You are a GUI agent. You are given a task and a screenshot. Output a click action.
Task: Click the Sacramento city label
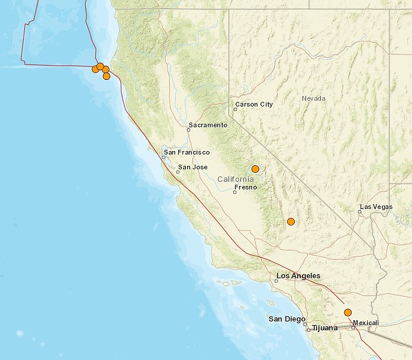[208, 125]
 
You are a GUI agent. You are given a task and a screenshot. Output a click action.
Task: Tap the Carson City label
[254, 104]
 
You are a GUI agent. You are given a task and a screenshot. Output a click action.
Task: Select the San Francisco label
[187, 152]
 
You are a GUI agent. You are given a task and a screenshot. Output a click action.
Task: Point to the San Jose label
[193, 168]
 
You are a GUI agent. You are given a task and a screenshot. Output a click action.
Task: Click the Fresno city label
[245, 187]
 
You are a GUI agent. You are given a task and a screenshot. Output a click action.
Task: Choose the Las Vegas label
[376, 207]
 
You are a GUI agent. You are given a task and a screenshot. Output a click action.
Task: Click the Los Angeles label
[298, 276]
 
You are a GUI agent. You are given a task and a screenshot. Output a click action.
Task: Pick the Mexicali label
[365, 323]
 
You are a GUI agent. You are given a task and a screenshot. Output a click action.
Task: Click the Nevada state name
[314, 98]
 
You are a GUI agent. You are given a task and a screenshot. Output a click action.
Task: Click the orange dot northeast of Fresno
[255, 169]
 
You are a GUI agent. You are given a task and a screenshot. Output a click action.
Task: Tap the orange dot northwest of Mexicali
[348, 313]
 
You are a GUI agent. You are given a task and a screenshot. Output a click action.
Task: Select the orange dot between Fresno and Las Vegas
[291, 221]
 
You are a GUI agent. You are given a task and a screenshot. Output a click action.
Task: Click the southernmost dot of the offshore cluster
[107, 76]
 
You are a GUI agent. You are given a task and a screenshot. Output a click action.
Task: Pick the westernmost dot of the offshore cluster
[95, 69]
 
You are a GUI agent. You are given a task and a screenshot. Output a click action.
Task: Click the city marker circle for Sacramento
[188, 130]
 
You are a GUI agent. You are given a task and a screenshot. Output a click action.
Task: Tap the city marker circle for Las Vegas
[360, 212]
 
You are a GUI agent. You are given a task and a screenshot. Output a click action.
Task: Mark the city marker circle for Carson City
[236, 109]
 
